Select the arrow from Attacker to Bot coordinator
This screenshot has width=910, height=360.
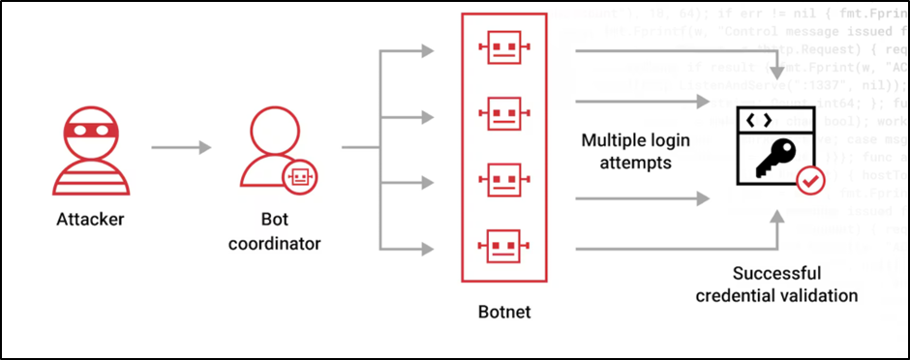181,148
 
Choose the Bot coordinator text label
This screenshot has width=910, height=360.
274,230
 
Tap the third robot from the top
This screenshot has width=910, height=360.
503,179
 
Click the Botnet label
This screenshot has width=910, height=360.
503,314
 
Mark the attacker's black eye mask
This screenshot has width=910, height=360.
88,126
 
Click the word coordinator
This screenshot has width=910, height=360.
274,242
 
